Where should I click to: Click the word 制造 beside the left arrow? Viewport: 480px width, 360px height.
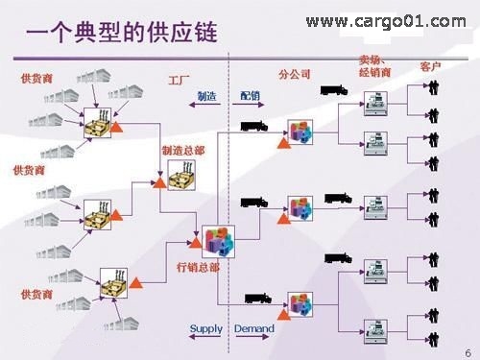click(x=206, y=96)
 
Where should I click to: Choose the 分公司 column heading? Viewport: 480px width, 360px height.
click(x=295, y=74)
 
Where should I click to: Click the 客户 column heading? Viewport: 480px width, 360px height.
click(x=431, y=67)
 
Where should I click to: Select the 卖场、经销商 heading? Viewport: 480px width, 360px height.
click(x=375, y=65)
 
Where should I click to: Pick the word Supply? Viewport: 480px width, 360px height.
click(x=205, y=329)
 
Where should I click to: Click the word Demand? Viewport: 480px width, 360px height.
click(x=254, y=329)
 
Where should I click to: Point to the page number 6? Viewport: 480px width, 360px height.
click(x=468, y=349)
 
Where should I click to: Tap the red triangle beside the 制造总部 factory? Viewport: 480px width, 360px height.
click(x=159, y=180)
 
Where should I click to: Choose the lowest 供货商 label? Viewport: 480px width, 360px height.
click(x=36, y=294)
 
